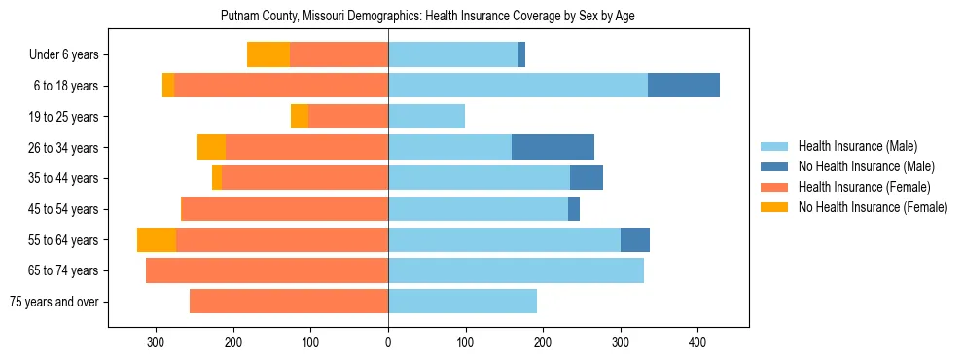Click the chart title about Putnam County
(428, 17)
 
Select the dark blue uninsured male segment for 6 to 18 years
(684, 86)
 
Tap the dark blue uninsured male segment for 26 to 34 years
(553, 147)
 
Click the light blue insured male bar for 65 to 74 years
(516, 270)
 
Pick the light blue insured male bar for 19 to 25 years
(426, 117)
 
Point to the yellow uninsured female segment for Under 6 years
(268, 54)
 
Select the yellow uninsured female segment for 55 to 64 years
(157, 239)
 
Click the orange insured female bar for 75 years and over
(289, 302)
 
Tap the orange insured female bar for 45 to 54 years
(285, 209)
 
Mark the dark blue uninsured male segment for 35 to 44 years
(587, 178)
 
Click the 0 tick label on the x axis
(388, 342)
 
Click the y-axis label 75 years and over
(53, 302)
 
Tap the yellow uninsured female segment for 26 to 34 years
(211, 147)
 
